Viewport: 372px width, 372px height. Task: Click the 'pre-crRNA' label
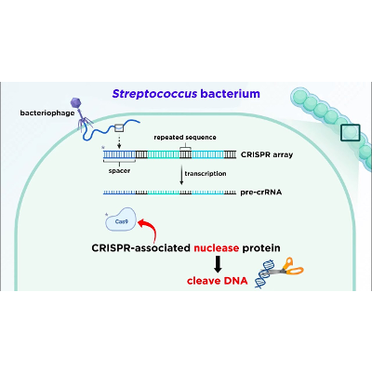point(261,193)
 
